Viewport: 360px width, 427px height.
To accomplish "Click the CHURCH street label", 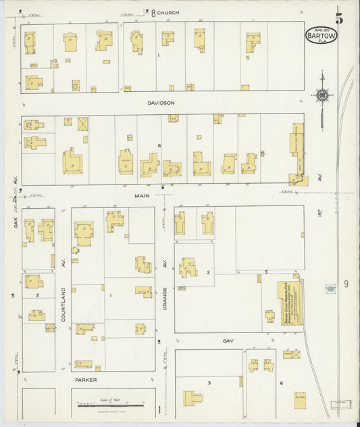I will click(168, 12).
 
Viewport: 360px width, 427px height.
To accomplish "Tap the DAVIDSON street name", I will click(161, 103).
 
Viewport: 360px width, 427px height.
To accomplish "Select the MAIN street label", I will click(142, 195).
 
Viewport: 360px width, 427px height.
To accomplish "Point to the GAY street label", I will click(228, 341).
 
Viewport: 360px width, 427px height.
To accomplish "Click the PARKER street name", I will click(86, 381).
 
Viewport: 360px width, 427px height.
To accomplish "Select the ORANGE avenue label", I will click(165, 297).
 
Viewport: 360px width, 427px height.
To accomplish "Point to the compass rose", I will click(323, 95).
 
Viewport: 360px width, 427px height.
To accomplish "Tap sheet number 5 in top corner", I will click(338, 18).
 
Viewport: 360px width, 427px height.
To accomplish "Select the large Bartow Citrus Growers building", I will click(291, 303).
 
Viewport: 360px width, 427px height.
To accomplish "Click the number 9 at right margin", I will click(345, 284).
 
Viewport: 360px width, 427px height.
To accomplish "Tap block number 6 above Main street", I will click(159, 145).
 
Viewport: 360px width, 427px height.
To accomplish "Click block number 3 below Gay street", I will click(209, 383).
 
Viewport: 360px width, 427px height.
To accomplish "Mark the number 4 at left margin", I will click(13, 199).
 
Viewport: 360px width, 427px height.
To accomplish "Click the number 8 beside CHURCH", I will click(153, 12).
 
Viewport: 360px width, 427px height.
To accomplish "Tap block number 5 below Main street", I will click(266, 272).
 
